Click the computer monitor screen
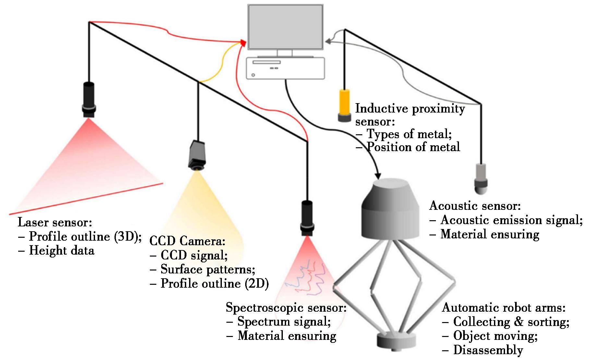tap(285, 27)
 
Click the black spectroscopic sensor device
tap(307, 218)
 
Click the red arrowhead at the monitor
tap(243, 42)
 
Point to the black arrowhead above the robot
tap(378, 175)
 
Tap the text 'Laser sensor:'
tap(55, 222)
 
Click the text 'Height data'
tap(62, 251)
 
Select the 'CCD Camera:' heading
tap(187, 241)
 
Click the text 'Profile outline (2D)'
tap(215, 284)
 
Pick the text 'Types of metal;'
tap(409, 134)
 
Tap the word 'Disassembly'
tap(488, 350)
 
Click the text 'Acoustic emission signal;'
tap(512, 220)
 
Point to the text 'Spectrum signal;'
tap(284, 322)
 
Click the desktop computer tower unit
tap(285, 68)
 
